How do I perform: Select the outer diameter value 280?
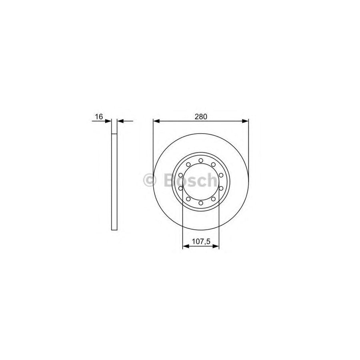(201, 117)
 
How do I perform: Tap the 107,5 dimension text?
(201, 241)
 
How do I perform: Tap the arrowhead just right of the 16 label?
(109, 121)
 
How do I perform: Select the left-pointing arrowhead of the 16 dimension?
(120, 121)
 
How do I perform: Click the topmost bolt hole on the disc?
(201, 161)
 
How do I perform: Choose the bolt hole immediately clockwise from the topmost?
(214, 164)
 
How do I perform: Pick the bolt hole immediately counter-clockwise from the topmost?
(188, 164)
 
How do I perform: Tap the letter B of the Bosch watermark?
(170, 181)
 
